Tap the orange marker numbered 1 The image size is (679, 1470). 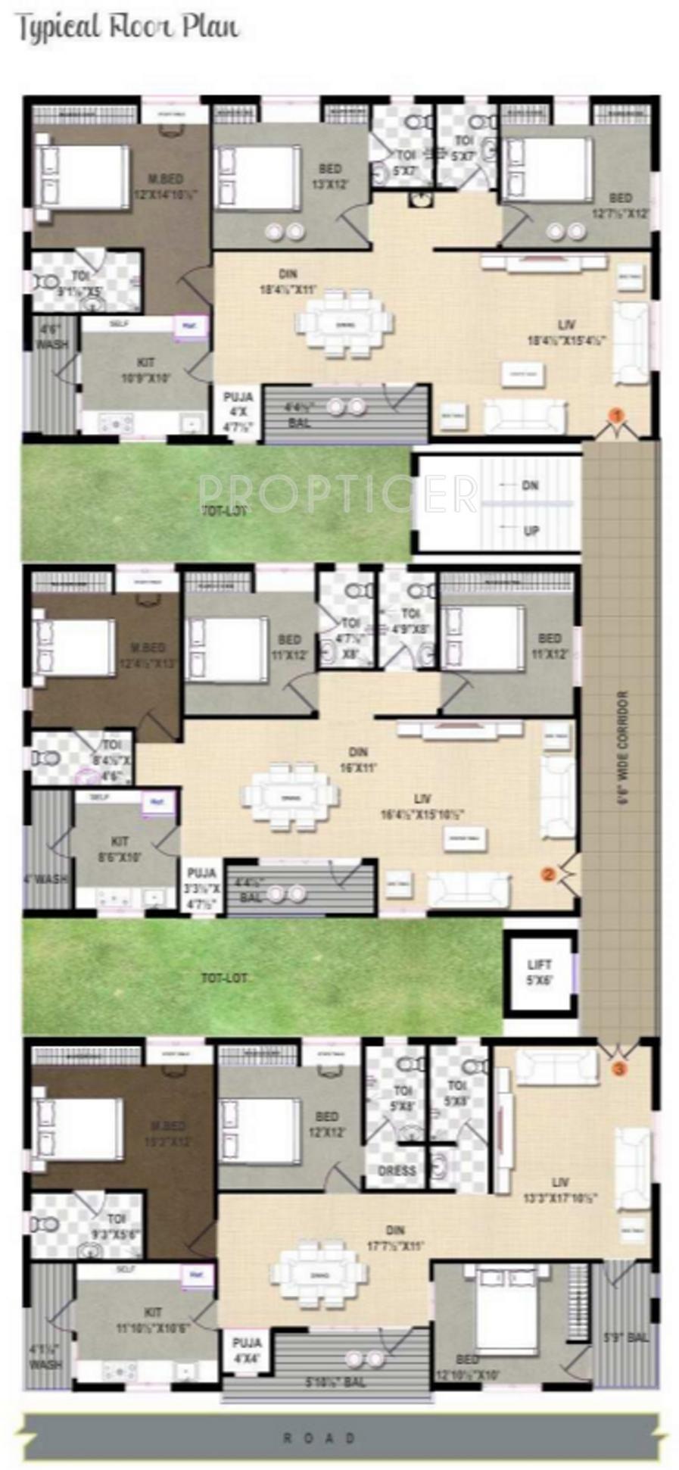pyautogui.click(x=616, y=414)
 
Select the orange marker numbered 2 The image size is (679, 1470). pyautogui.click(x=548, y=873)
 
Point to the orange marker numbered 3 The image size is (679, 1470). pyautogui.click(x=618, y=1069)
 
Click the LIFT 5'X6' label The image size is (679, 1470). pyautogui.click(x=540, y=972)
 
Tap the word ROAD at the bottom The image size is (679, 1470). pyautogui.click(x=319, y=1437)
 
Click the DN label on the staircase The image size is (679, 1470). pyautogui.click(x=530, y=485)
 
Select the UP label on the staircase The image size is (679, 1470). pyautogui.click(x=531, y=530)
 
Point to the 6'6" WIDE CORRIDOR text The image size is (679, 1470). pyautogui.click(x=623, y=751)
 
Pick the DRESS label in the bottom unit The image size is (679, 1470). pyautogui.click(x=397, y=1170)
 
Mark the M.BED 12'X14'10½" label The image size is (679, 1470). pyautogui.click(x=165, y=186)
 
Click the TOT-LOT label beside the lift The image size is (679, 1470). pyautogui.click(x=223, y=978)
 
